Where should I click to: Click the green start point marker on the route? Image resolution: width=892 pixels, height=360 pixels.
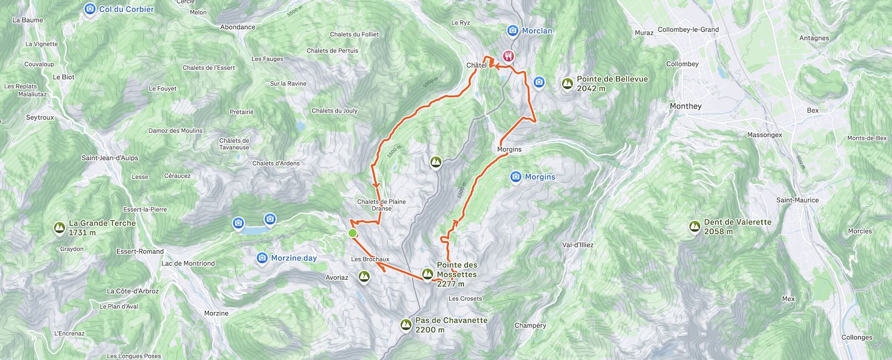(352, 233)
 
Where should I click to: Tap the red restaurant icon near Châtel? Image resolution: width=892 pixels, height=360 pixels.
(508, 56)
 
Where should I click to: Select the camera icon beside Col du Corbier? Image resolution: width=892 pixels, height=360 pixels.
(90, 9)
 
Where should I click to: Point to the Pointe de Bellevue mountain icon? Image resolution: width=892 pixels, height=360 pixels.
(568, 84)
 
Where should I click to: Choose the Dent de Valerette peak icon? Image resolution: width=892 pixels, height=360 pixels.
(695, 226)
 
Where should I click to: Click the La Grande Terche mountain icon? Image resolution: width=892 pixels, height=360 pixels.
(59, 227)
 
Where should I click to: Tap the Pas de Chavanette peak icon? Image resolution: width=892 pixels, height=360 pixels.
(406, 324)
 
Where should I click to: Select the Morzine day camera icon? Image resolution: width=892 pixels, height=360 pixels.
(262, 258)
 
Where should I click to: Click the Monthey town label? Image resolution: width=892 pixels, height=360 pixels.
(686, 106)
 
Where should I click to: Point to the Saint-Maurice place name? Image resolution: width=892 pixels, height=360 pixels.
(798, 200)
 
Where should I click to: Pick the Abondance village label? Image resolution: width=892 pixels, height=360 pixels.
(237, 27)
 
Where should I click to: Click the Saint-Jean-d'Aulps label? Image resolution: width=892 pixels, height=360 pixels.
(110, 158)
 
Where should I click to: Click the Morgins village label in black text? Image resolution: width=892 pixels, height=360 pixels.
(509, 149)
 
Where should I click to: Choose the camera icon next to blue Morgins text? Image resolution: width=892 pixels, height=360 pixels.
(516, 177)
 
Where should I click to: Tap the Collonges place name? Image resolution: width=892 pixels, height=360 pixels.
(857, 337)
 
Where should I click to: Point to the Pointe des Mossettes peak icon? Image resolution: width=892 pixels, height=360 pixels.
(428, 274)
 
